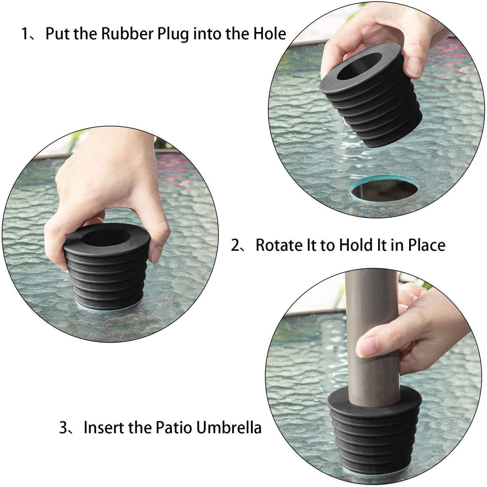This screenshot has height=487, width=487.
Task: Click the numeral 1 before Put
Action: point(25,34)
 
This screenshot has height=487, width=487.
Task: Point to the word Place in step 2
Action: point(426,245)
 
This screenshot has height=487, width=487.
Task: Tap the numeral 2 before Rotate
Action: point(235,245)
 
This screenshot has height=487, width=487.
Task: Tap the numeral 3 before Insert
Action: point(63,427)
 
